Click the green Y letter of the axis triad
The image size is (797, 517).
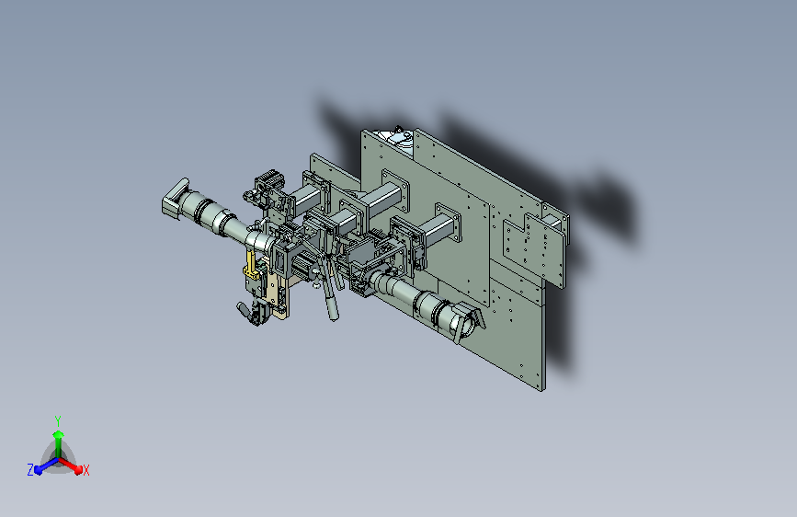pos(58,419)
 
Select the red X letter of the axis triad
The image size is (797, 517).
pos(86,471)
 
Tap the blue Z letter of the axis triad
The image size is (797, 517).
pos(30,470)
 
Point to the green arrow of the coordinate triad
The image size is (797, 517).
pos(58,437)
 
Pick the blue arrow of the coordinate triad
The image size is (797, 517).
pos(42,465)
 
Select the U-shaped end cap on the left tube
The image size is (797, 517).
pos(174,197)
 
